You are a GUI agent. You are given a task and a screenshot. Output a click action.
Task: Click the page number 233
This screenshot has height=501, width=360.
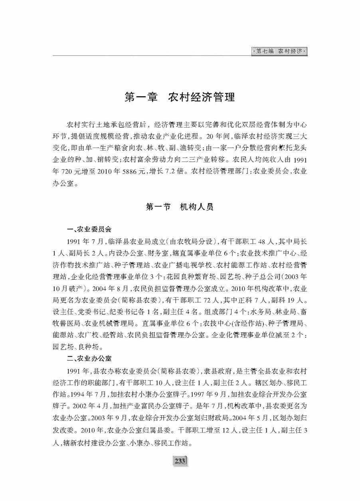(180, 461)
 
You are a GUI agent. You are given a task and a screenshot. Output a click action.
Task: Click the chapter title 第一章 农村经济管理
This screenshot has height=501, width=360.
(180, 97)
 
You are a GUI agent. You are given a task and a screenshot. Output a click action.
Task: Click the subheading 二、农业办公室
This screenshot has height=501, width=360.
(89, 358)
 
